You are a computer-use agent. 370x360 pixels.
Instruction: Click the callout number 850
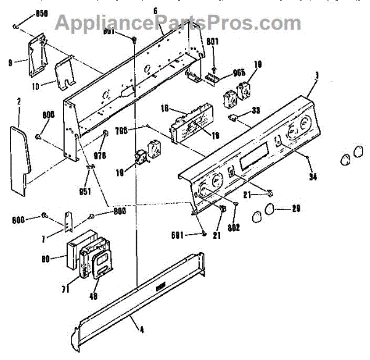pos(24,13)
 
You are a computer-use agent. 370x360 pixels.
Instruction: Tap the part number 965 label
pos(240,72)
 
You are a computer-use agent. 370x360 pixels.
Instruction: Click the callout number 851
pos(85,191)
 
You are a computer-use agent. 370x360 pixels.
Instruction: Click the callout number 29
pos(296,209)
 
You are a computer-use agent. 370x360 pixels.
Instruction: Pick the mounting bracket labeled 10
pos(64,74)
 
